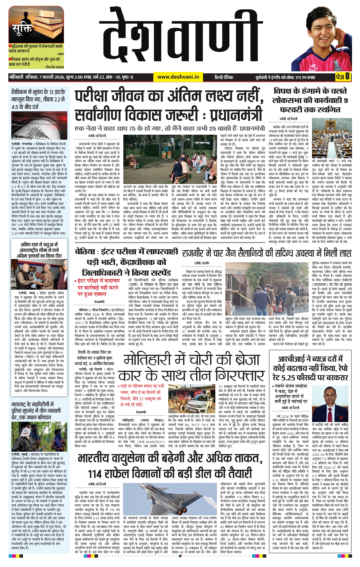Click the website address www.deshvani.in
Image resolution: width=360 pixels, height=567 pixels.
click(178, 77)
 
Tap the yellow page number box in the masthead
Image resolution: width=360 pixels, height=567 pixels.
click(343, 77)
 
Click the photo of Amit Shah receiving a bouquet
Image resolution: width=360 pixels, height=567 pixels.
click(39, 274)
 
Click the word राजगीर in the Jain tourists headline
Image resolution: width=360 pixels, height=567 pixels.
click(202, 253)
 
